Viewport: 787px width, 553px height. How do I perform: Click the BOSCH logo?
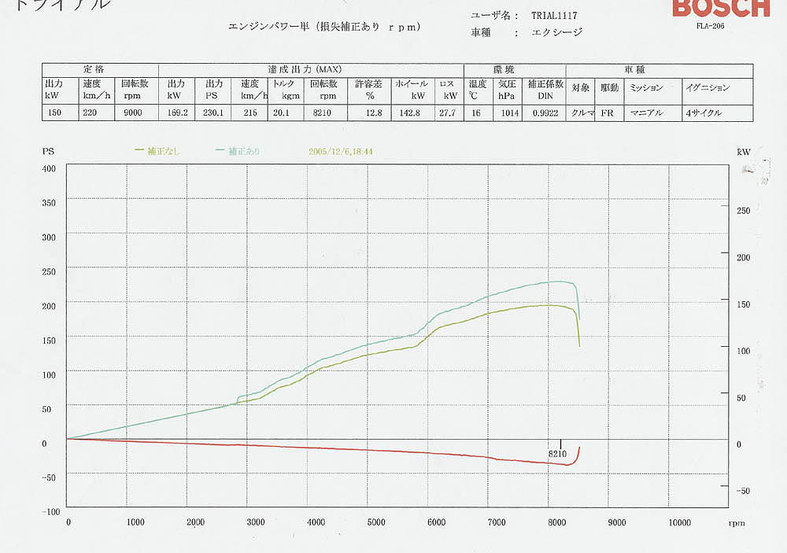coord(721,8)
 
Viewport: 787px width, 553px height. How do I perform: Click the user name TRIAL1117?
coord(555,15)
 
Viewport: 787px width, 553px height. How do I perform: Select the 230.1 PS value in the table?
coord(214,112)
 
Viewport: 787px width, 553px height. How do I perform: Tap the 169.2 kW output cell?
coord(178,112)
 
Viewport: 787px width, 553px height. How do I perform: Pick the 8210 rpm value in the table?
coord(323,112)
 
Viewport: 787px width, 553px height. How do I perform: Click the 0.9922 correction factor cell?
coord(545,112)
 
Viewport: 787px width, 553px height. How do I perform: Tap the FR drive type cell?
coord(607,112)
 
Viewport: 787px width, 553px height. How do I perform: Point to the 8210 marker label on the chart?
coord(557,454)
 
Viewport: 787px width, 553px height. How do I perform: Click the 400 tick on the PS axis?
coord(50,168)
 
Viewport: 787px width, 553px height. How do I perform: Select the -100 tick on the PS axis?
coord(49,511)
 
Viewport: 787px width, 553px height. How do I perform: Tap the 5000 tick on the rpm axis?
coord(376,522)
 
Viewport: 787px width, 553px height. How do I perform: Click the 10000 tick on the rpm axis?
coord(678,522)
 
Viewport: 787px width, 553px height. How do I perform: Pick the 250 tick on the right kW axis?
coord(743,211)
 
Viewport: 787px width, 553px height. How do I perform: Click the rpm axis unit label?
coord(737,522)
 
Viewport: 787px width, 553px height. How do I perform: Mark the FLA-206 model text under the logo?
coord(710,26)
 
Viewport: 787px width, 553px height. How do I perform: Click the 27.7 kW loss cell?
coord(449,112)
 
